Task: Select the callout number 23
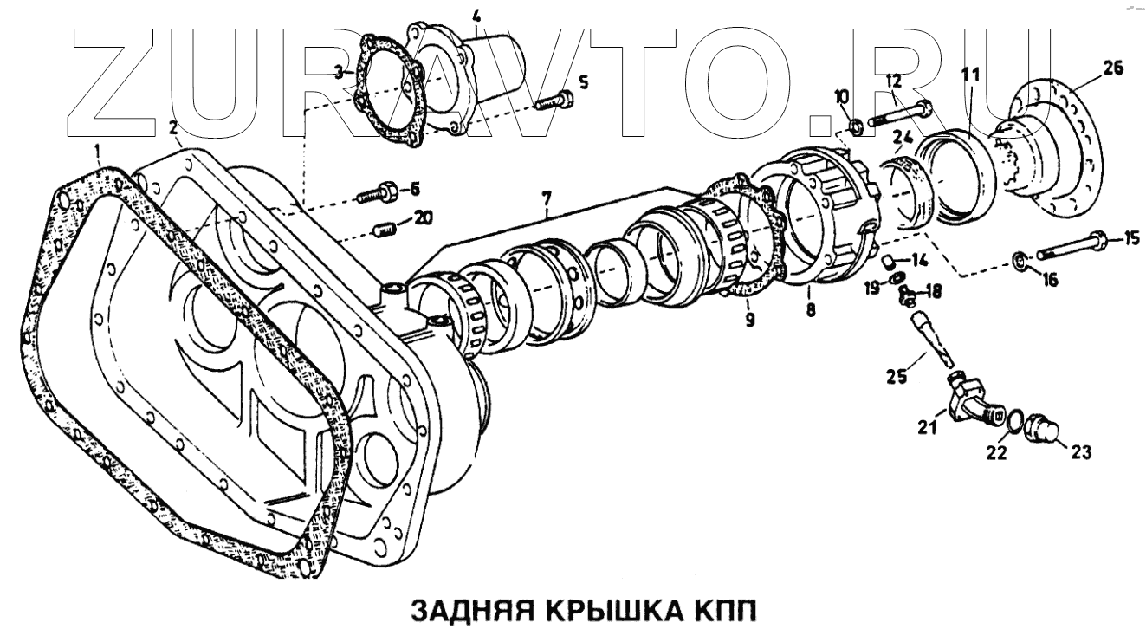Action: click(1080, 451)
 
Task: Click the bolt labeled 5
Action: click(551, 101)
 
